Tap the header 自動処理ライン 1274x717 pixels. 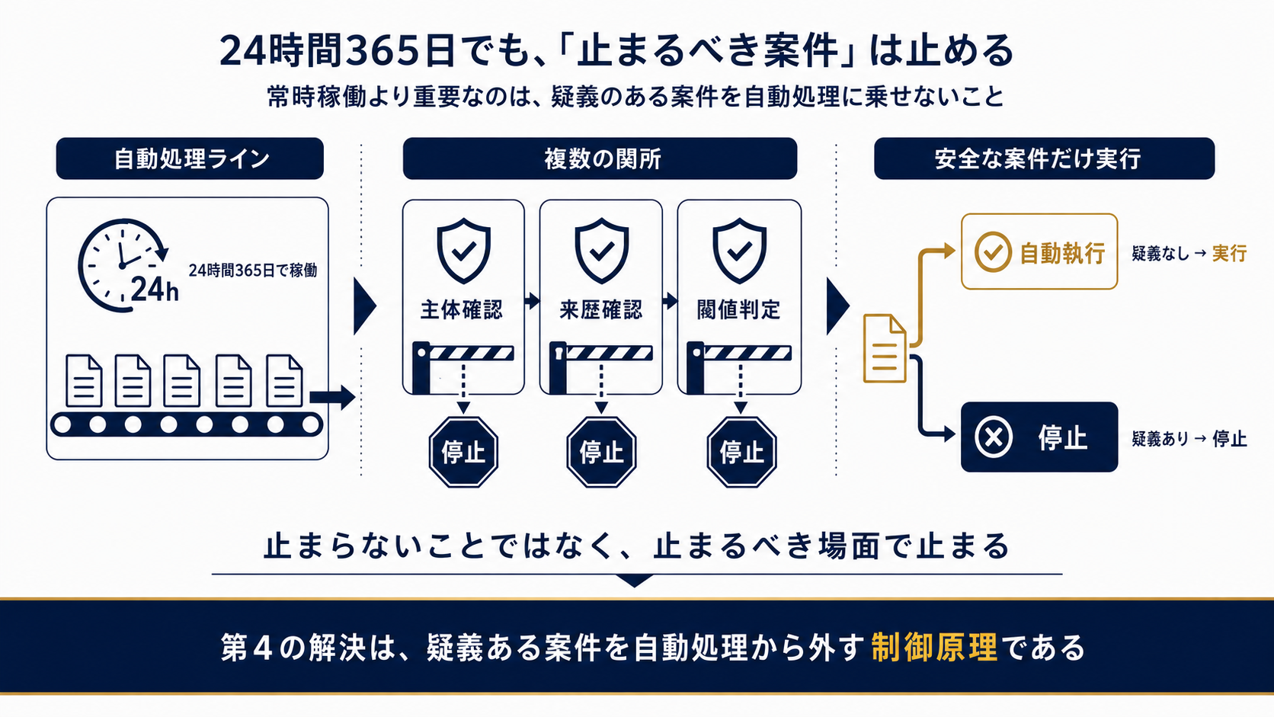tap(190, 158)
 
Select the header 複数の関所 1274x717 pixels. tap(600, 158)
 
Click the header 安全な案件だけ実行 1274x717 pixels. tap(1044, 158)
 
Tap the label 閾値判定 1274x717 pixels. tap(739, 310)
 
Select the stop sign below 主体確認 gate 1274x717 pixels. tap(463, 452)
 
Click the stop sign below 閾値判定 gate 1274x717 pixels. tap(741, 452)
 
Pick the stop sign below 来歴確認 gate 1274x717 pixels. tap(602, 452)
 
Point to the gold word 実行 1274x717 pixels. tap(1229, 253)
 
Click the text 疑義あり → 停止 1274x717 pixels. tap(1189, 438)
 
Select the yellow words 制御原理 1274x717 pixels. tap(934, 648)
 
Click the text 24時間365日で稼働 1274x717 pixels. tap(252, 270)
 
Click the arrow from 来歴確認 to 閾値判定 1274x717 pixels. tap(671, 301)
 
